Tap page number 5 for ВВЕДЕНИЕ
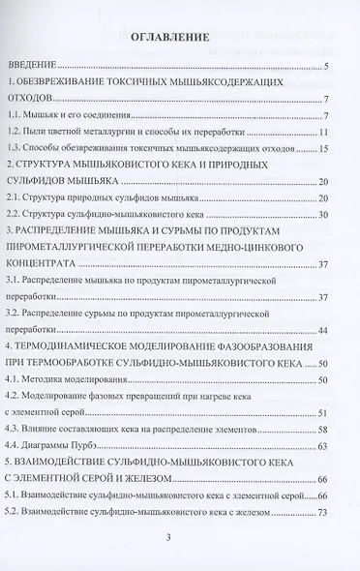(328, 67)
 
